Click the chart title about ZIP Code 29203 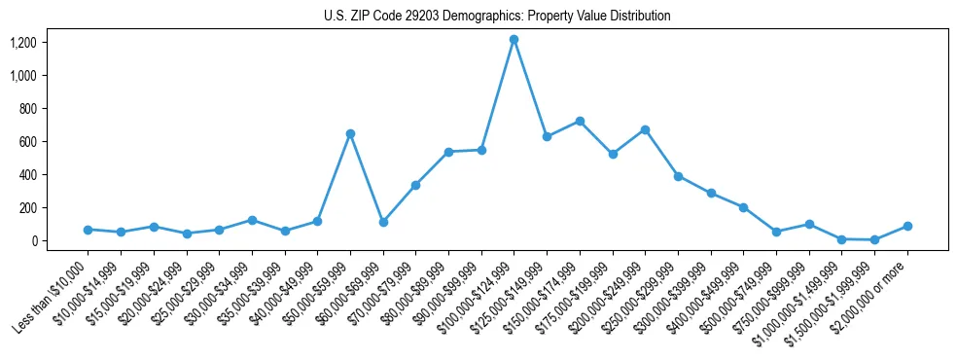point(497,16)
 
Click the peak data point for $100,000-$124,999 point(514,39)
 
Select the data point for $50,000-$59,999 point(350,133)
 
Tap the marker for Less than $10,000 point(88,230)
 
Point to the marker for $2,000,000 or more point(907,226)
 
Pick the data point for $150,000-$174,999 point(580,121)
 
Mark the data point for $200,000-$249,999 point(645,129)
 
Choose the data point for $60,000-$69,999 point(383,222)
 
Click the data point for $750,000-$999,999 point(809,224)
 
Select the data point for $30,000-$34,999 point(252,220)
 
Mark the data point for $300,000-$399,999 point(711,193)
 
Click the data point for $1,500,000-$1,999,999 point(874,239)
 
